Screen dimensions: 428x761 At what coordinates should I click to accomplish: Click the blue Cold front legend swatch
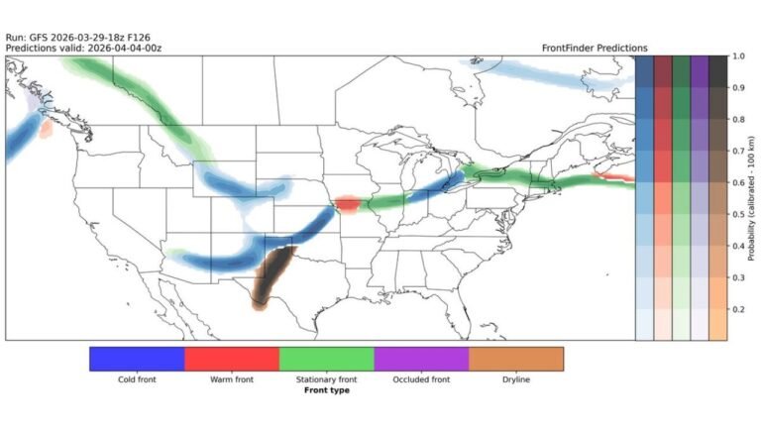click(x=137, y=359)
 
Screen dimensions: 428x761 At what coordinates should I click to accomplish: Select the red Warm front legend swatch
click(x=232, y=359)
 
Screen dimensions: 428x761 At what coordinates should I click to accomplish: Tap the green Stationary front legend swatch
click(x=327, y=359)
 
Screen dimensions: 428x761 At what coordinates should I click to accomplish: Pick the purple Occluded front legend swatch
click(x=421, y=359)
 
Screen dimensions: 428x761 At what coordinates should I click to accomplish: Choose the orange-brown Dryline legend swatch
click(x=516, y=359)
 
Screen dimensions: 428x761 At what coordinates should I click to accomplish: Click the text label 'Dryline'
click(x=516, y=378)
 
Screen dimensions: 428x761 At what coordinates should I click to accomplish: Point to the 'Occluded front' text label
click(x=421, y=378)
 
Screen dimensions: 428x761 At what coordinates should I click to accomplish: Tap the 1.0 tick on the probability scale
click(x=738, y=56)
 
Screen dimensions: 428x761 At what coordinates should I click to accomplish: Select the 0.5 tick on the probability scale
click(x=738, y=214)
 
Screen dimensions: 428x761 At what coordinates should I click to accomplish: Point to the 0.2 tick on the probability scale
click(x=738, y=309)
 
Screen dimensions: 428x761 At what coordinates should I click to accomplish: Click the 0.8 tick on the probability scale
click(x=738, y=120)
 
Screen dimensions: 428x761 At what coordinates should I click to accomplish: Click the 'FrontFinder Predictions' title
click(x=595, y=48)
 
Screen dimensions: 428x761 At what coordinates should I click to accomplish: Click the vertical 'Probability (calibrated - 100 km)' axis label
click(x=755, y=198)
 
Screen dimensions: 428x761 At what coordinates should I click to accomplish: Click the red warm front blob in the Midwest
click(x=347, y=204)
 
